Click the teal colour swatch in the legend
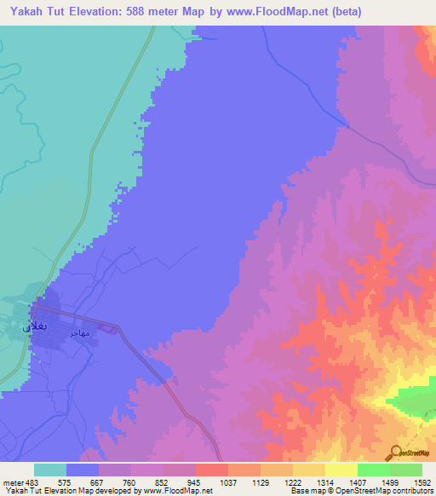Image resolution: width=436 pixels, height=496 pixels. (x=50, y=470)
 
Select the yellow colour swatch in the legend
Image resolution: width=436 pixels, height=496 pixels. (x=341, y=470)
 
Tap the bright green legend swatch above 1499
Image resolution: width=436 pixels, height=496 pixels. (x=374, y=470)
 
